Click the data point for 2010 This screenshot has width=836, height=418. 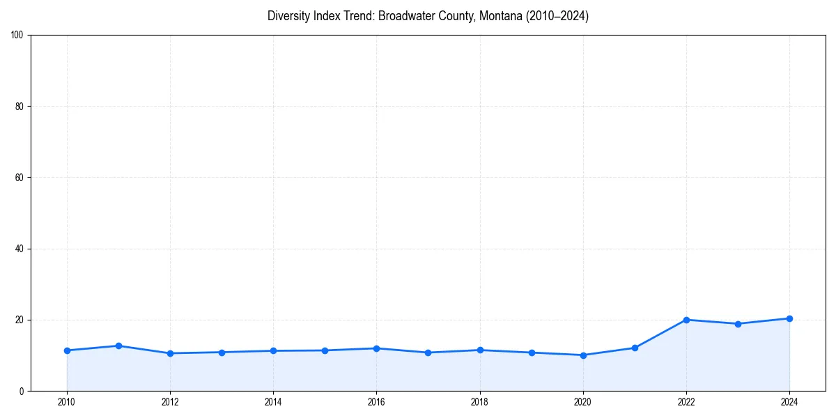67,350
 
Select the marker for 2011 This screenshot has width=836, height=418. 118,346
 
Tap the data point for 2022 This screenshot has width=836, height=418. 686,320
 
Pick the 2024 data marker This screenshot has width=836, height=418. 789,318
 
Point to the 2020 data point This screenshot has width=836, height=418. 583,355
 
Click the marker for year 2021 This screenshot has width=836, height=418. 635,348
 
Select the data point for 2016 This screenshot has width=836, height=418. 376,348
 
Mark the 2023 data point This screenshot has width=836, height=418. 738,324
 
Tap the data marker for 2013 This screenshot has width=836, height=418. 222,353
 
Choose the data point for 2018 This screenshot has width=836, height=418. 480,350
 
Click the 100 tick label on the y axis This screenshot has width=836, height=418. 17,35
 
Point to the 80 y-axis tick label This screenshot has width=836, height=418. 20,107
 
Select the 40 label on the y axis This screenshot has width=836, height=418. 20,249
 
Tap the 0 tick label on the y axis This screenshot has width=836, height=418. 22,391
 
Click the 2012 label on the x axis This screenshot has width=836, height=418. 170,401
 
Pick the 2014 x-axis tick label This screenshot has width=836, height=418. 273,401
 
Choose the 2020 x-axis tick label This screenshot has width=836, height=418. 583,401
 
